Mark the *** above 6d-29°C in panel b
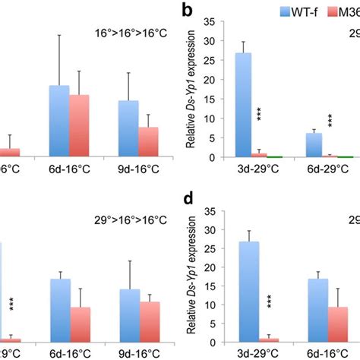pos(330,122)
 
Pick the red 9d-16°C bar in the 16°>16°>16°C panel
pos(148,141)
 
